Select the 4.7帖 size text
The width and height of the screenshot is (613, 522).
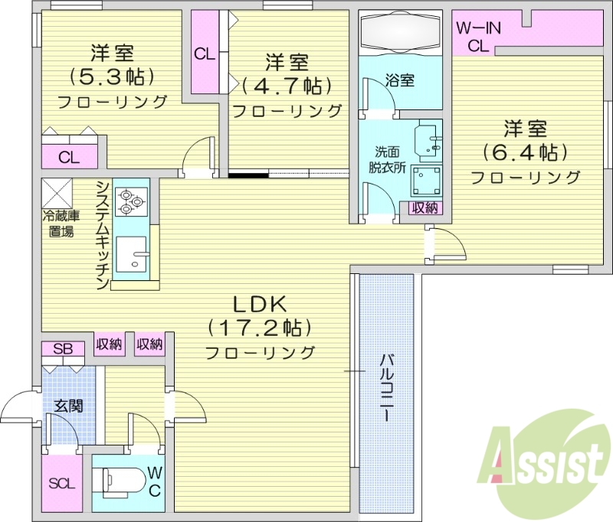click(287, 84)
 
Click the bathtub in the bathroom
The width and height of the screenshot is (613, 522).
click(400, 34)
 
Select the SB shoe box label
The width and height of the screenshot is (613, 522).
click(63, 349)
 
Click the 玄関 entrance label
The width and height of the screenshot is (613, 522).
click(67, 406)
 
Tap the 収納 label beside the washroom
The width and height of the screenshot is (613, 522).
click(425, 207)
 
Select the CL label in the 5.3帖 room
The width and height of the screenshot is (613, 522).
click(69, 158)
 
